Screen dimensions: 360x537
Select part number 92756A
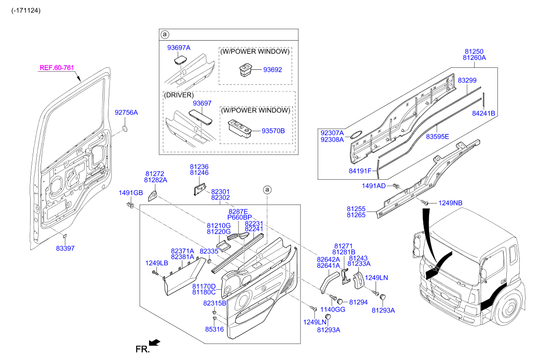pos(126,113)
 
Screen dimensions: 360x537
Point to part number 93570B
pos(273,131)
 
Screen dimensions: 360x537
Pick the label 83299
pos(467,80)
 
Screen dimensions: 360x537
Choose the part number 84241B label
pos(483,113)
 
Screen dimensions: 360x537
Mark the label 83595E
pos(438,136)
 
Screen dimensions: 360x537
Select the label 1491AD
pos(374,186)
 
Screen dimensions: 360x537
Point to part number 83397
pos(65,248)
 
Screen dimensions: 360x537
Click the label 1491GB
pos(131,193)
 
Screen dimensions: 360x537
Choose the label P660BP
pos(240,217)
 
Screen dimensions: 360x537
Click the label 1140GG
pos(332,309)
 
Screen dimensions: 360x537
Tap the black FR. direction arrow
pos(155,342)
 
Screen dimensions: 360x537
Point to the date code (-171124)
pos(26,10)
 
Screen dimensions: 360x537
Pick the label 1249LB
pos(156,263)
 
